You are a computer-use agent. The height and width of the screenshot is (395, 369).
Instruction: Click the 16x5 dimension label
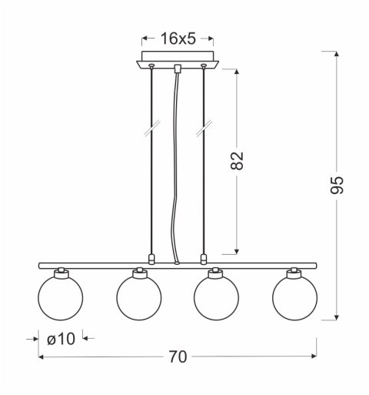pyautogui.click(x=178, y=36)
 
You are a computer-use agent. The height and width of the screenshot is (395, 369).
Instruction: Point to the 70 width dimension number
pyautogui.click(x=178, y=357)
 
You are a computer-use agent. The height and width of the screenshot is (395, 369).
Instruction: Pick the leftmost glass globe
pyautogui.click(x=59, y=296)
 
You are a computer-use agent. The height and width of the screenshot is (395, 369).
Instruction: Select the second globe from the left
pyautogui.click(x=139, y=296)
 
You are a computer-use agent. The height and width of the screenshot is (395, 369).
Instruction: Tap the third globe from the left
pyautogui.click(x=216, y=296)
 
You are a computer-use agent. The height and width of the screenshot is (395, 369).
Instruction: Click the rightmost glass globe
pyautogui.click(x=294, y=296)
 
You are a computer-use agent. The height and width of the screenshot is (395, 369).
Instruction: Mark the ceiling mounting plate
pyautogui.click(x=178, y=62)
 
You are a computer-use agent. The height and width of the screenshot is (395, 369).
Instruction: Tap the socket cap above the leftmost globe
pyautogui.click(x=59, y=273)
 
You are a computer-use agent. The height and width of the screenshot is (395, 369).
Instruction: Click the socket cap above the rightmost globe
pyautogui.click(x=294, y=273)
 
